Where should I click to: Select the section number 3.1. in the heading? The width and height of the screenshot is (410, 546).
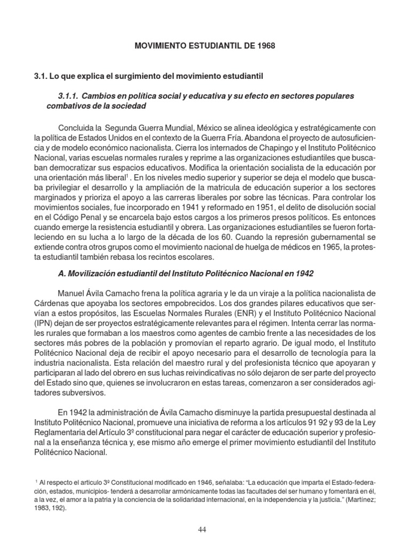click(42, 77)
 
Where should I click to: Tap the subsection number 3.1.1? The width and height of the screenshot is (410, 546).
click(68, 95)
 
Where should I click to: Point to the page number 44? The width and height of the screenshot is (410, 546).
click(202, 529)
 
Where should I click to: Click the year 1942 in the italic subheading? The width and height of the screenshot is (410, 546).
click(304, 274)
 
